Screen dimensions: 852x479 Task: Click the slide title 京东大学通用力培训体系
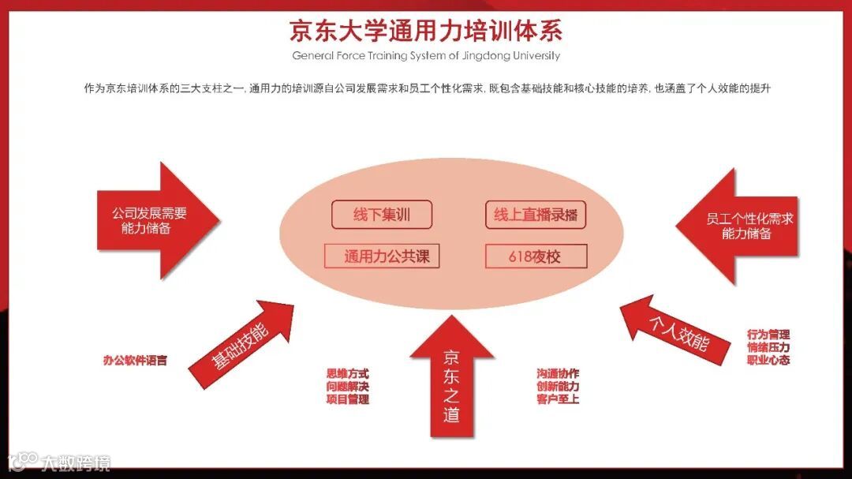pos(425,31)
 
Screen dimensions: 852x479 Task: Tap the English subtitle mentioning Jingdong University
pos(425,56)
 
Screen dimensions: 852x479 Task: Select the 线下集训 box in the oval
pos(382,214)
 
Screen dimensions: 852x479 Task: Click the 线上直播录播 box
pos(536,215)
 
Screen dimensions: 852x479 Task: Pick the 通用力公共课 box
pos(382,256)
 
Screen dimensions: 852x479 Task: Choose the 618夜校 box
pos(536,256)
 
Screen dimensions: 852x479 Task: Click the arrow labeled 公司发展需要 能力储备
pos(154,220)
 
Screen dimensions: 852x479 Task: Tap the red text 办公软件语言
pos(135,360)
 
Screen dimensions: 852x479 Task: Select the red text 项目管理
pos(347,399)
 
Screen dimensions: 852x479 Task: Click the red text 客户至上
pos(558,399)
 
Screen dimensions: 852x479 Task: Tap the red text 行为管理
pos(768,335)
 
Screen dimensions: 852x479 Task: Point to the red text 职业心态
pos(768,360)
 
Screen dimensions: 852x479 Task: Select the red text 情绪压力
pos(768,347)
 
